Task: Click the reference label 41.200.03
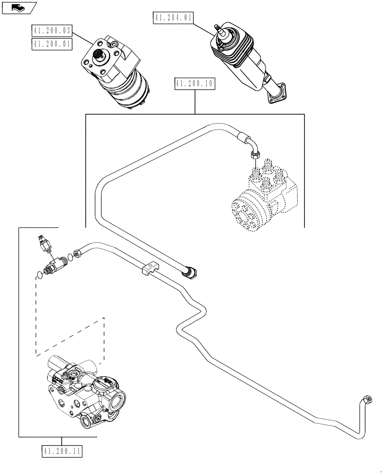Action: coord(52,32)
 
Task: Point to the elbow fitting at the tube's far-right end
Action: coord(366,400)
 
